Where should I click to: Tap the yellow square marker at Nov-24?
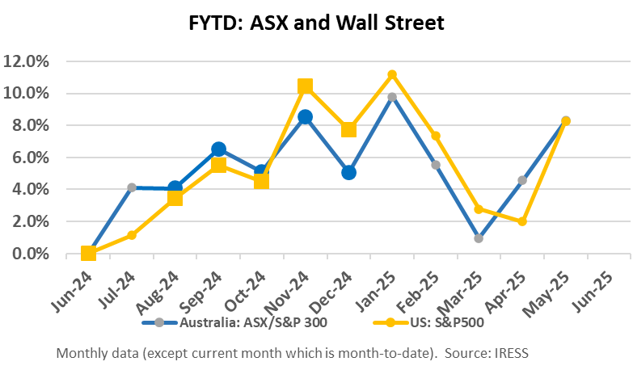coord(305,86)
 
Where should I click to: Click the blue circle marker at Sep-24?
coord(218,149)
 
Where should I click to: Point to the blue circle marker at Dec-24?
coord(348,172)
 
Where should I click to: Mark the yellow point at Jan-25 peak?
coord(392,74)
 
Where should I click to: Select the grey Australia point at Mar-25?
coord(479,238)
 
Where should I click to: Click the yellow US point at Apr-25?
coord(522,221)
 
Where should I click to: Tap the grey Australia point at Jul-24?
coord(132,187)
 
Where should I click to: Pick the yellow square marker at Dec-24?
coord(348,129)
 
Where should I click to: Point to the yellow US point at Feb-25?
coord(436,136)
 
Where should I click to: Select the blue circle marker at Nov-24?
coord(305,117)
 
